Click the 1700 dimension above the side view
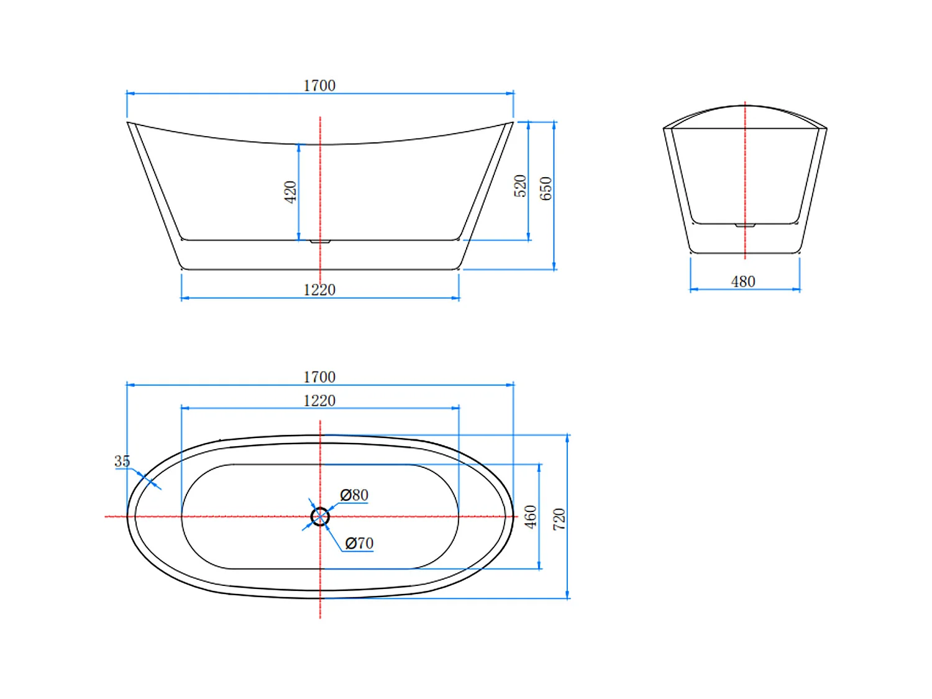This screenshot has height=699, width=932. (319, 86)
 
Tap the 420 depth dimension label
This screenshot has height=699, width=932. (290, 192)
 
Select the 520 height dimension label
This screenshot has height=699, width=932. (520, 186)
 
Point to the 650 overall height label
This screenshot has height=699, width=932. (546, 188)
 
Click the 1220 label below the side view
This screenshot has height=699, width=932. (319, 290)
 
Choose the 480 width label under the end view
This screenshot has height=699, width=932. (743, 282)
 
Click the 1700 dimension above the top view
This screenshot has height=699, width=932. (319, 377)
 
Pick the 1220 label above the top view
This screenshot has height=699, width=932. (319, 401)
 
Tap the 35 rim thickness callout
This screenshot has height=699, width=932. (122, 461)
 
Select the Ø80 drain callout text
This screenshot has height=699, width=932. (354, 495)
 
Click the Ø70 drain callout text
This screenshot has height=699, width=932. (359, 544)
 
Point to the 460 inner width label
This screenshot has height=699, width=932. (531, 517)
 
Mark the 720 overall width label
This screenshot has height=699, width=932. (559, 519)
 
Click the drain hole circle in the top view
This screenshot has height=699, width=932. (320, 516)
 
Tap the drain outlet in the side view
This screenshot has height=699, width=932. (320, 242)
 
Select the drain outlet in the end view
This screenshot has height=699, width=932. (745, 226)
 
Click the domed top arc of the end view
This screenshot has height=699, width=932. (745, 106)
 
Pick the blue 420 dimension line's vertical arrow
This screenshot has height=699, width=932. (299, 192)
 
